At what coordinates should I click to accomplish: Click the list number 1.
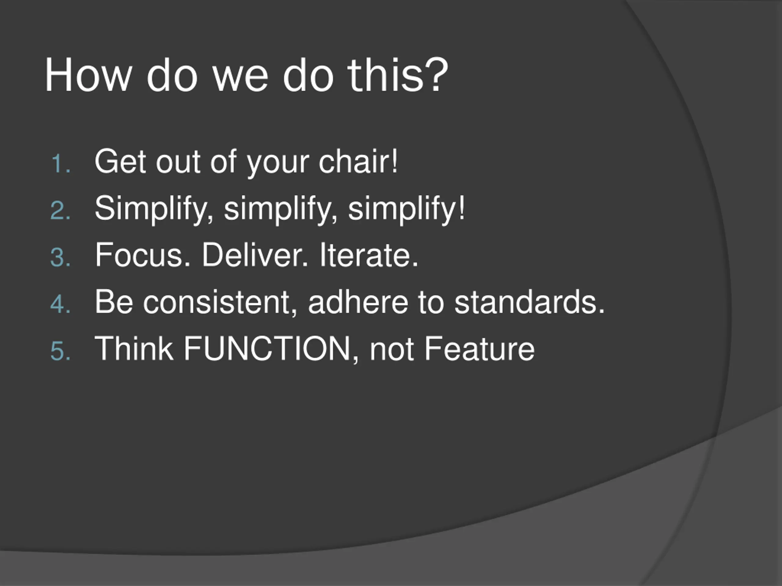tap(61, 164)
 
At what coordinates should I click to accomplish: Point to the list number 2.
tap(60, 211)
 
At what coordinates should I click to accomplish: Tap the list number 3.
tap(60, 257)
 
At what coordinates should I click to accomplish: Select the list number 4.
tap(60, 304)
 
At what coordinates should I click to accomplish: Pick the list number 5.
tap(60, 351)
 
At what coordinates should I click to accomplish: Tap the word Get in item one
tap(120, 161)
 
